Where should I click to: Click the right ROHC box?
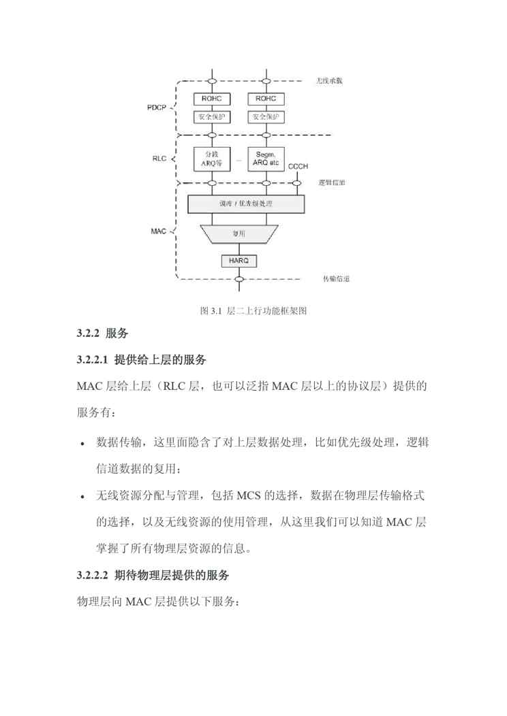(265, 99)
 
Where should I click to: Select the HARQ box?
(239, 260)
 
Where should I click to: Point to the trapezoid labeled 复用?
(239, 234)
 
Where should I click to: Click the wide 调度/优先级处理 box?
(245, 204)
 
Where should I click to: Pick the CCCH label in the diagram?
(298, 167)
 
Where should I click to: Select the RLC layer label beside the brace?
(159, 159)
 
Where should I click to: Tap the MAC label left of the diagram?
(158, 231)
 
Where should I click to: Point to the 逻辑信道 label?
(332, 183)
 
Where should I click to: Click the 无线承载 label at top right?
(330, 81)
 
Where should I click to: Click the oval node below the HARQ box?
(239, 278)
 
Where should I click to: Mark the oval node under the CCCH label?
(298, 182)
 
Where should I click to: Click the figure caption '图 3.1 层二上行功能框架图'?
(253, 311)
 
